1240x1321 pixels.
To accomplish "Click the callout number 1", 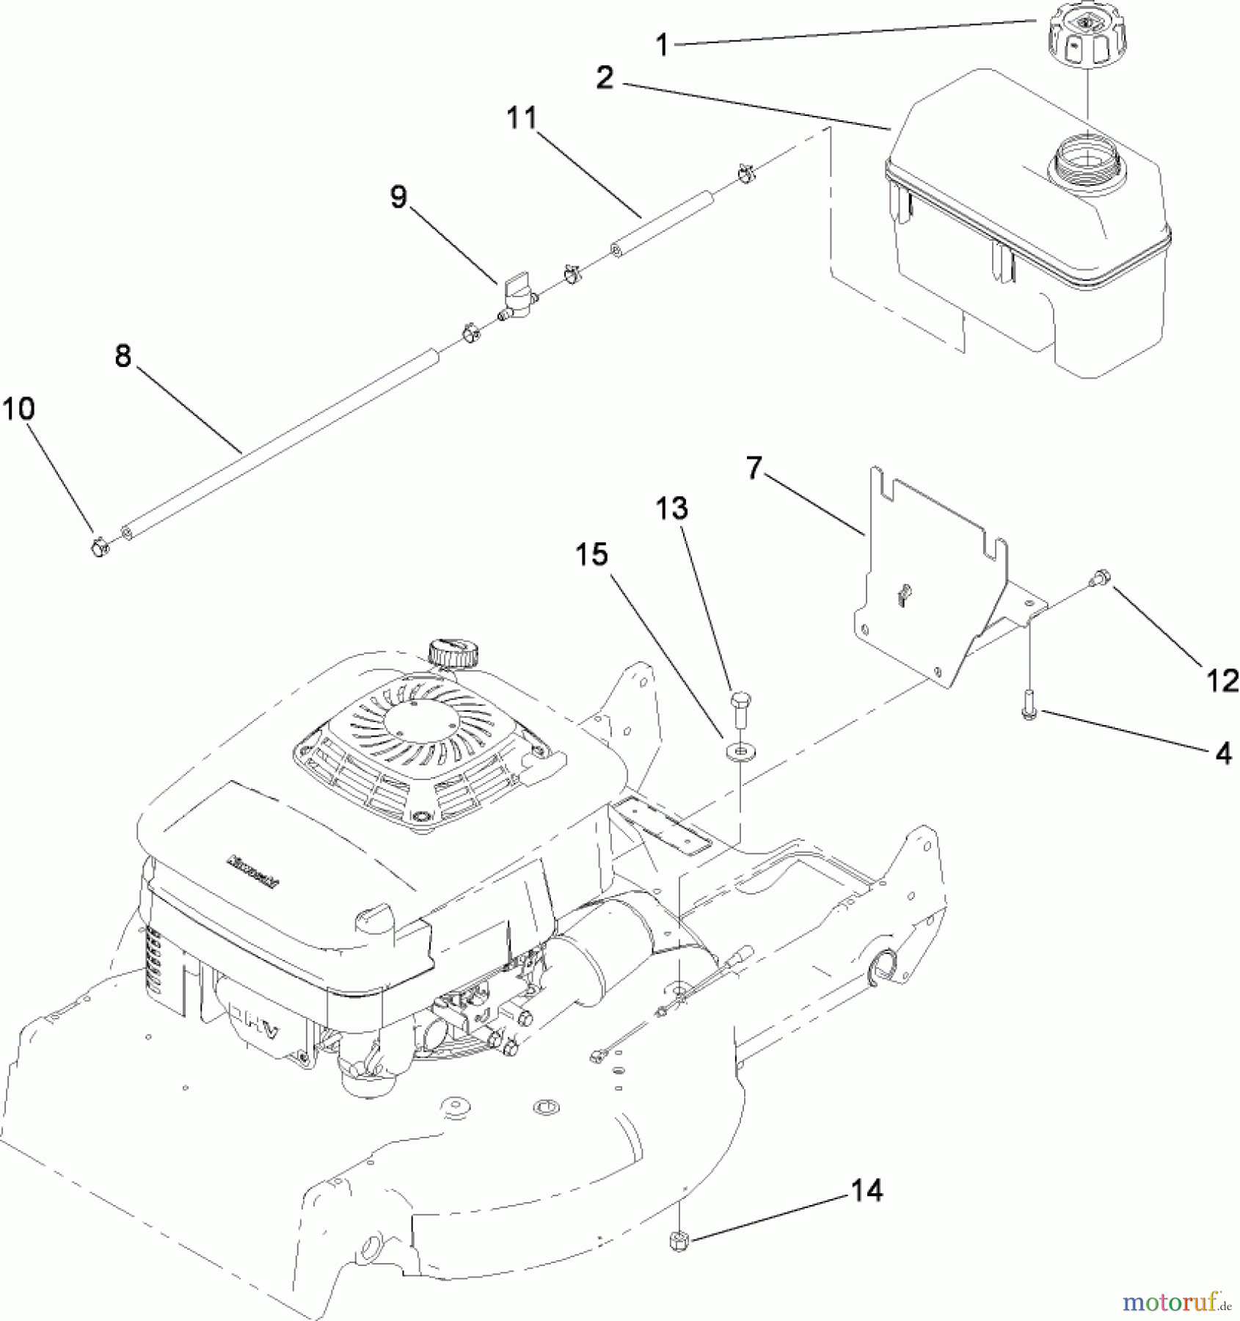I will tap(662, 46).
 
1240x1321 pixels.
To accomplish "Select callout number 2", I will tap(604, 78).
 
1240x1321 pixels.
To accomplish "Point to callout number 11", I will tap(522, 118).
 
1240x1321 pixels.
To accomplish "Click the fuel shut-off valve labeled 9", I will tap(518, 303).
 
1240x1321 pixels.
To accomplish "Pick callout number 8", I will tap(123, 357).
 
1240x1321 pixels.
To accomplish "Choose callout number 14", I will tap(867, 1190).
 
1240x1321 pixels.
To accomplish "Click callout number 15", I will tap(591, 555).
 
